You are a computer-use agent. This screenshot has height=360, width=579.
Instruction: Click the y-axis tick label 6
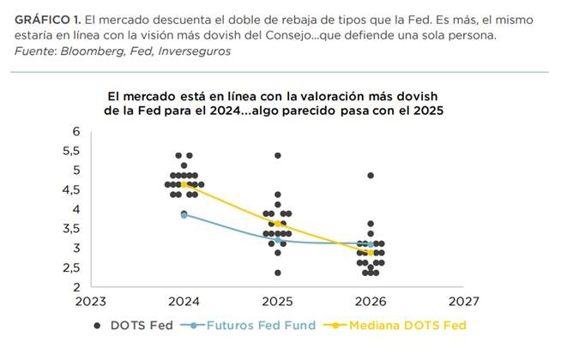pos(76,131)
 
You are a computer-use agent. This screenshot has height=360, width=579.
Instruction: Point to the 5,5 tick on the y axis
pos(71,151)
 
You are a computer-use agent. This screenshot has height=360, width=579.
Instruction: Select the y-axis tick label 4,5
pos(71,190)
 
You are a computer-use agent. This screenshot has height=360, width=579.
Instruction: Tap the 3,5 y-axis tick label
pos(71,229)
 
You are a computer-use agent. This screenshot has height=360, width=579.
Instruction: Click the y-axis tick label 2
pos(76,286)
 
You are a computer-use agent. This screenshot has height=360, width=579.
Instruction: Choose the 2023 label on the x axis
pos(90,302)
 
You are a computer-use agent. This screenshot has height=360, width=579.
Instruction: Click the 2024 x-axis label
pos(184,302)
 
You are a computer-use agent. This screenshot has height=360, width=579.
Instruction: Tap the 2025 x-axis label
pos(276,302)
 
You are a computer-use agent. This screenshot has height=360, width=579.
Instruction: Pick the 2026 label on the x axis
pos(370,302)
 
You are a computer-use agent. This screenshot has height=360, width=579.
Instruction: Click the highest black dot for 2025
pos(277,155)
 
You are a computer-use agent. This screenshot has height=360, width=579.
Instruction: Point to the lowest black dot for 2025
pos(277,273)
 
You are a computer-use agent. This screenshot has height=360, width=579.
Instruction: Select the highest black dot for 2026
pos(370,175)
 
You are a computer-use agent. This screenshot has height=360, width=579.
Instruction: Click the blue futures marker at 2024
pos(184,214)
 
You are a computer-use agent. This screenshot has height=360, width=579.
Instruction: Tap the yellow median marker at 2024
pos(184,184)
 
